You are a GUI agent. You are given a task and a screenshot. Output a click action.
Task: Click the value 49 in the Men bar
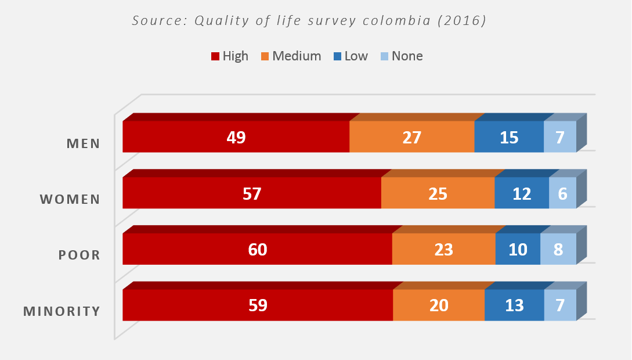click(237, 138)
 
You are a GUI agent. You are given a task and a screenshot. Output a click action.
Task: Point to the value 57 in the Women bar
click(252, 193)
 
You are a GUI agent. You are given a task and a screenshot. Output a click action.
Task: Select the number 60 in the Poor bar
click(258, 249)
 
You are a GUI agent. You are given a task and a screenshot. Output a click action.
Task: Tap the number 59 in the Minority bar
click(258, 305)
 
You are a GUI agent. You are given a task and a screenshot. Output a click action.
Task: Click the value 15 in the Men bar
click(509, 138)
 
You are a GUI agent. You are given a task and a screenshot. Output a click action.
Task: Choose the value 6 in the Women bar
click(562, 193)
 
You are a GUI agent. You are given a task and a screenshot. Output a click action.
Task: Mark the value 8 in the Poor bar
click(558, 249)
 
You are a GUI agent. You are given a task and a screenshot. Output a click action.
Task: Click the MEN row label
click(83, 143)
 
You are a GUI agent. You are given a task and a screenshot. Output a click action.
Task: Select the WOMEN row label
click(70, 199)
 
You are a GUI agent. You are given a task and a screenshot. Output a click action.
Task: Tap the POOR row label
click(80, 255)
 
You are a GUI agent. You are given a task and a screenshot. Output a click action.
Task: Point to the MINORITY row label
click(62, 311)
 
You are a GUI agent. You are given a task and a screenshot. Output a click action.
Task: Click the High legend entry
click(229, 56)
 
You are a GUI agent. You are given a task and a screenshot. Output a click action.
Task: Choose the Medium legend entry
click(291, 56)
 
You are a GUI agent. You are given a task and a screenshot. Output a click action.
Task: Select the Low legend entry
click(351, 56)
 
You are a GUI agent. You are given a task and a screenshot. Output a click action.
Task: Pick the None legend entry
click(401, 56)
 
